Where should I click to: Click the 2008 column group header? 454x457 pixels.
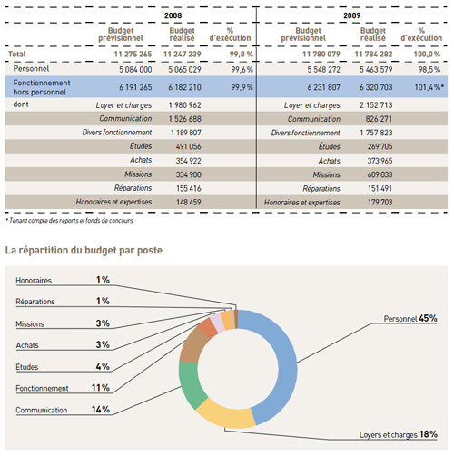pos(173,15)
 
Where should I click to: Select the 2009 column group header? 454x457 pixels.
pos(351,15)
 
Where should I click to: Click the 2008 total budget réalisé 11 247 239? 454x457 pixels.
pos(183,55)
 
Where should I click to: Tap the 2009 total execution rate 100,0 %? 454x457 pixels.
pos(427,55)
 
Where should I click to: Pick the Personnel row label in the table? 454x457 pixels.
pos(31,69)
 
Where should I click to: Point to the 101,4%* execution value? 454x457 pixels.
pos(429,87)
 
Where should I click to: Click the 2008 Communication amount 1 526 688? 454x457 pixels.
pos(185,119)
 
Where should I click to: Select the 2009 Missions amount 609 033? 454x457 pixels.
pos(380,174)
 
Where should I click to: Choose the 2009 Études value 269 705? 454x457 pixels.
pos(380,146)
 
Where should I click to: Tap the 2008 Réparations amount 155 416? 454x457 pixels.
pos(189,188)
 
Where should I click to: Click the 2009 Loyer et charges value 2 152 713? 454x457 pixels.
pos(376,105)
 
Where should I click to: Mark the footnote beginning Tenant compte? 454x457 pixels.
pos(70,221)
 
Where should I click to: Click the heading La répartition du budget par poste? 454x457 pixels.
pos(84,251)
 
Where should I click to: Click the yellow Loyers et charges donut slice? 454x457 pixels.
pos(226,414)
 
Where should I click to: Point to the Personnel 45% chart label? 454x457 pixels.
pos(410,318)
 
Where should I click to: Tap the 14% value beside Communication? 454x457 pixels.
pos(101,410)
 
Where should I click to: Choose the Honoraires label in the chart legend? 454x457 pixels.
pos(34,281)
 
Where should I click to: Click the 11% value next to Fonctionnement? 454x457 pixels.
pos(101,388)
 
